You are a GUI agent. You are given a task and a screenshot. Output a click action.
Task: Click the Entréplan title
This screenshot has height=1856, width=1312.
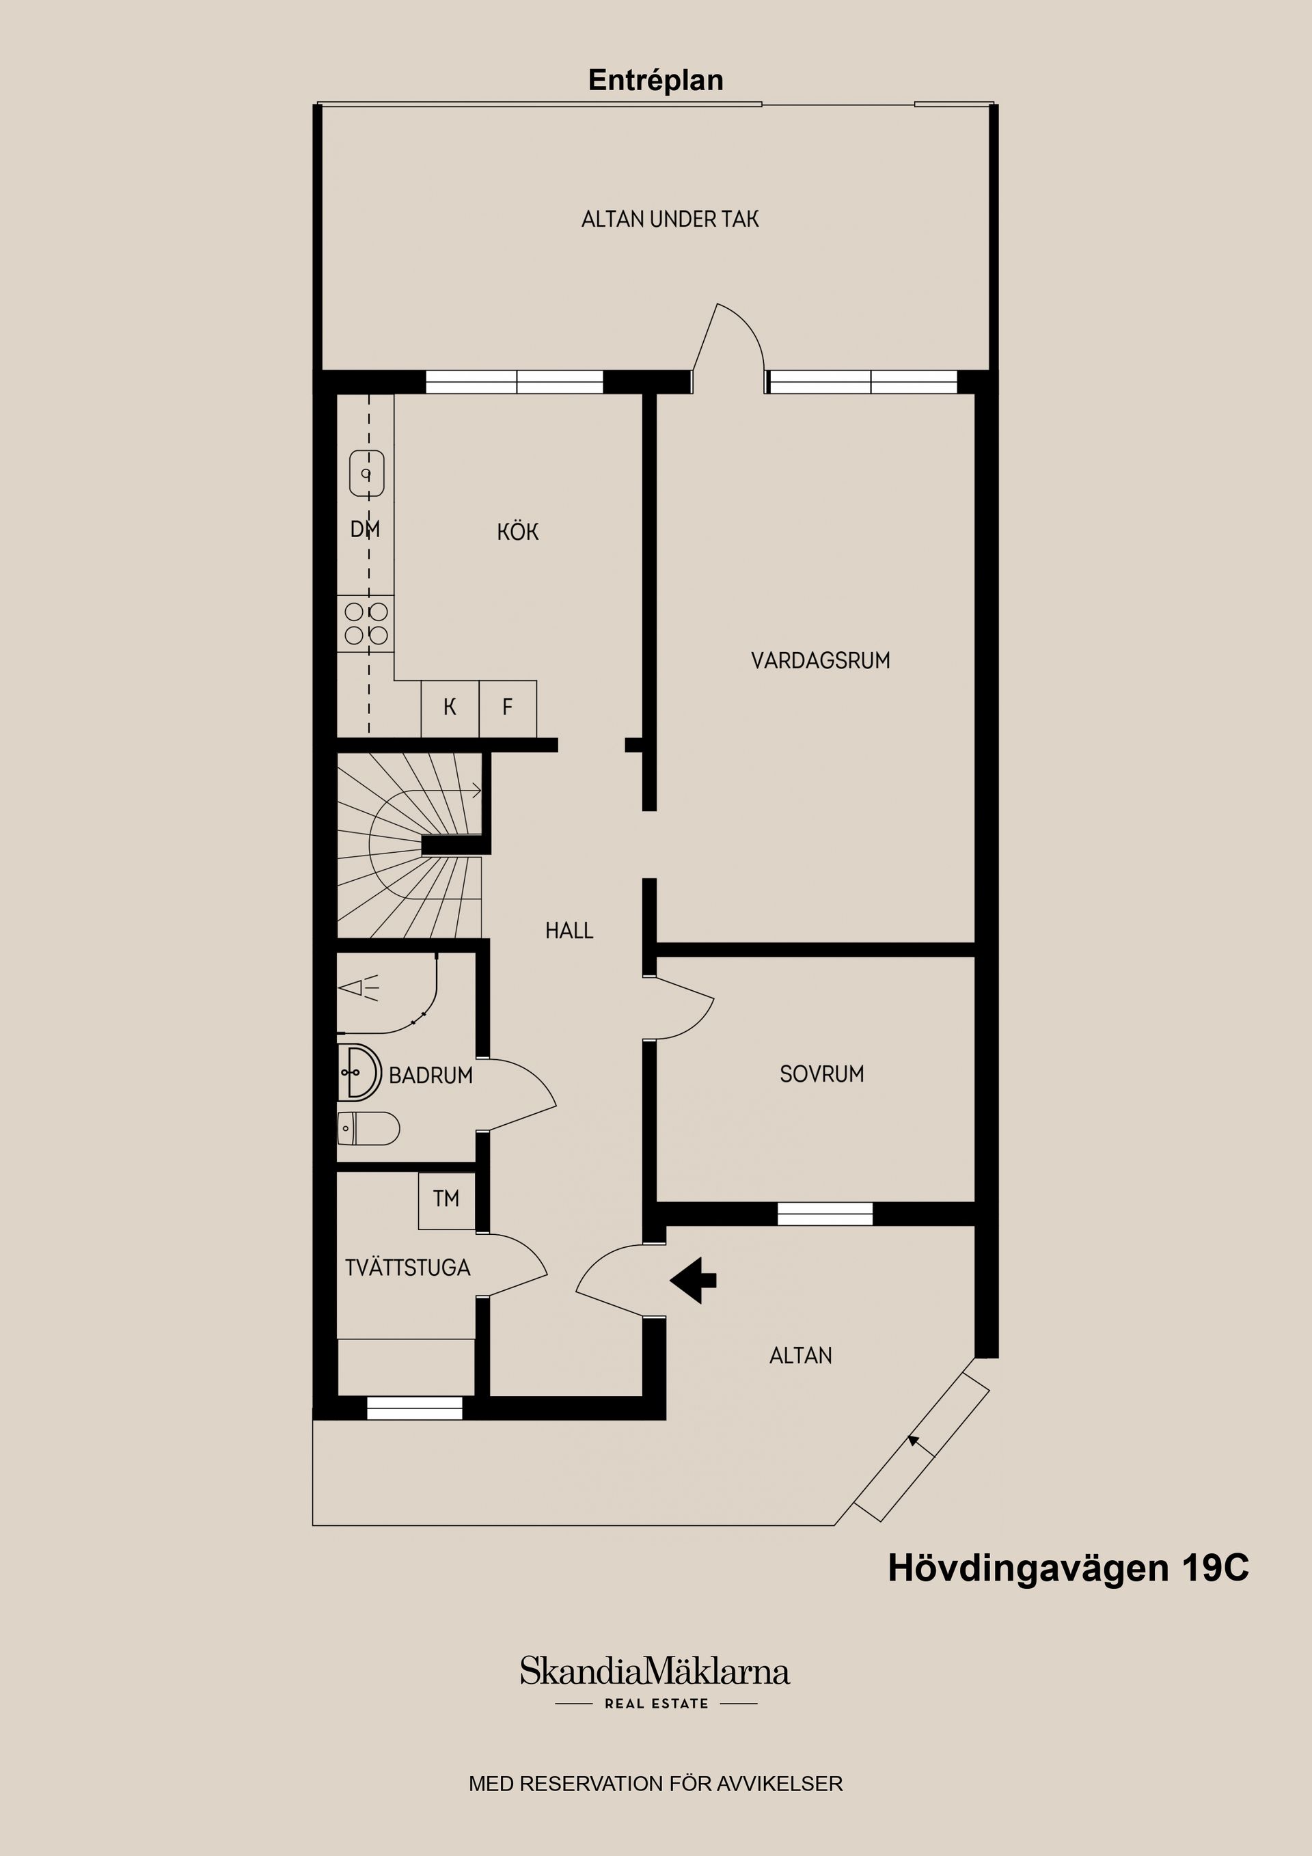coord(655,81)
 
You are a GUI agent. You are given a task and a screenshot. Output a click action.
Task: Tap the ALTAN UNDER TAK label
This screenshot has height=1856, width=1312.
coord(670,219)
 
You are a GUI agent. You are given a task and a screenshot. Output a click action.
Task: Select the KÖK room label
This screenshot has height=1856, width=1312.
coord(518,531)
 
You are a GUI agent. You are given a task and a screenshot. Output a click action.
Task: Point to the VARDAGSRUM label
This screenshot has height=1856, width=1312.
coord(821,660)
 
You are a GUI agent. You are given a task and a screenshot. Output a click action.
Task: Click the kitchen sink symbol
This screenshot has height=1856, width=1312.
coord(366,474)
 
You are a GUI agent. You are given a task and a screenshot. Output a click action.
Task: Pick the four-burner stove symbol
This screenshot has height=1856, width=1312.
coord(366,623)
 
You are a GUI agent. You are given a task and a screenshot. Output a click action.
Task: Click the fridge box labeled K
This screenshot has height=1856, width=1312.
coord(450,708)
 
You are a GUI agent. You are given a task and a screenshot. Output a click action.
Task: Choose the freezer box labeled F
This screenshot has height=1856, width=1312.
coord(508,708)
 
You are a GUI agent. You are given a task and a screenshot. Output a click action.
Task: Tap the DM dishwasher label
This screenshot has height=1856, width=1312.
coord(366,530)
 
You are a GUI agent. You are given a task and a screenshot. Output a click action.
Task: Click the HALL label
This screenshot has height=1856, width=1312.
coord(569,931)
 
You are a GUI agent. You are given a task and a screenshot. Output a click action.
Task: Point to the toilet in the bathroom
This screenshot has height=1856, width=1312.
coord(368,1128)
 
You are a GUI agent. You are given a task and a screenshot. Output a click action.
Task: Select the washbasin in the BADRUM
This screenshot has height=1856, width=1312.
coord(358,1072)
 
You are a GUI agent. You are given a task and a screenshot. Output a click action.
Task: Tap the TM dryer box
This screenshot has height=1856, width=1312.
coord(446,1201)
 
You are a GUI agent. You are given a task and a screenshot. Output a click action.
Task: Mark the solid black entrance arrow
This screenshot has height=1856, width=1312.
coord(693,1280)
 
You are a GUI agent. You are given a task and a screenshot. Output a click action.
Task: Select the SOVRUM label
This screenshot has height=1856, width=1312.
coord(822,1074)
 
